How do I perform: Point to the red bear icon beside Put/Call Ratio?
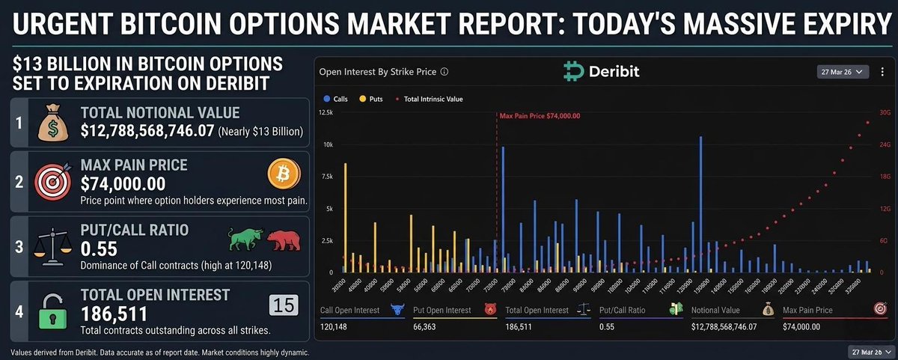(283, 240)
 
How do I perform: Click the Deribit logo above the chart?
(601, 73)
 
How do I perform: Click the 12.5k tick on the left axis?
(326, 112)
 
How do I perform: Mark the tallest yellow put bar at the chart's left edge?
(345, 217)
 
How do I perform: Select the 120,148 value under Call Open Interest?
(335, 326)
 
